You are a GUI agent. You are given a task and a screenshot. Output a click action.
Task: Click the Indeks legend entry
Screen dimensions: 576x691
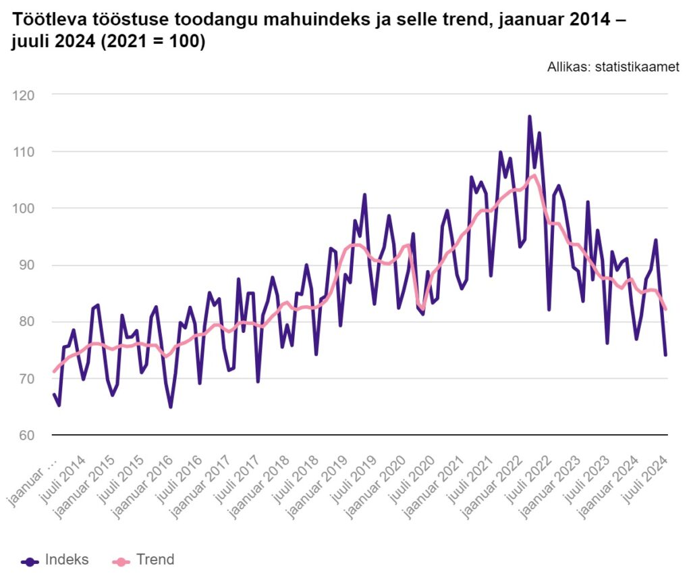click(x=55, y=560)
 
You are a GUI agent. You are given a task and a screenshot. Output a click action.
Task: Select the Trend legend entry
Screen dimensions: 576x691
click(x=144, y=560)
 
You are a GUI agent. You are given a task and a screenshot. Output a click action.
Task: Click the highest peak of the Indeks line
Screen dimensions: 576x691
click(x=530, y=117)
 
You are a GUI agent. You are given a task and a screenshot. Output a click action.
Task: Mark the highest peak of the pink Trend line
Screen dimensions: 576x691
click(x=534, y=176)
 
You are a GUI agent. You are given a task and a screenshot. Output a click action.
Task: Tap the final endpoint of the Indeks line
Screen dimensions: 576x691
click(x=665, y=355)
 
